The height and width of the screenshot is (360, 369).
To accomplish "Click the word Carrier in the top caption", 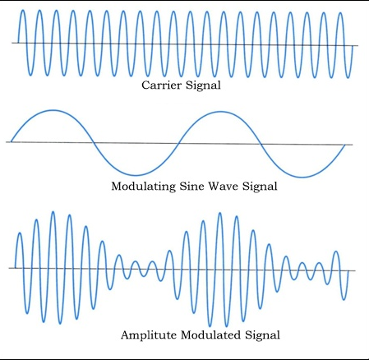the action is pos(162,85).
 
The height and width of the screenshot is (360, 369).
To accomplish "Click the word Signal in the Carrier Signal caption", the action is pos(203,85).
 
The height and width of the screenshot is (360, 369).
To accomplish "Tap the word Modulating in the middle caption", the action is pos(143,187).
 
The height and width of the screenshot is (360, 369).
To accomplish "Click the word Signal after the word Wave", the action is pos(260,187).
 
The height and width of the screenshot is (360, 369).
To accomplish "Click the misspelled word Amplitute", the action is pos(148,335).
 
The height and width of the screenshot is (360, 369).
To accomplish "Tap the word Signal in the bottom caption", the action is pos(262,335).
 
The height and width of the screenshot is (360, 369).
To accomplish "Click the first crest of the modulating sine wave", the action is pos(53,110).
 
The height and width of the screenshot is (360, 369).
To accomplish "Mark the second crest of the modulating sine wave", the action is pos(221,112).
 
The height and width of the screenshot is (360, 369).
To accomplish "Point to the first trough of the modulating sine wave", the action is pos(136,175).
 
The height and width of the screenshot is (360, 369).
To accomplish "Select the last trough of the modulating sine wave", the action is pos(302,177).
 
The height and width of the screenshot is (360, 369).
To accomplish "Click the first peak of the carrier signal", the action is pos(23,11).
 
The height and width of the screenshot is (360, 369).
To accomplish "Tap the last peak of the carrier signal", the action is pos(340,13).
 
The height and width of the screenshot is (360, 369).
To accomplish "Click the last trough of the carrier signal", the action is pos(348,77).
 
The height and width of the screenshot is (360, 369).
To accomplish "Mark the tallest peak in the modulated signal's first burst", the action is pos(53,212).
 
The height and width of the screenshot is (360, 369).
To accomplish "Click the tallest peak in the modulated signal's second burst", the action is pos(219,213).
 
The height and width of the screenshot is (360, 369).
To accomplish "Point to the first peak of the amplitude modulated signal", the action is pos(20,233).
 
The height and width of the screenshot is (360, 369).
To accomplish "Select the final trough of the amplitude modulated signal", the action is pos(344,299).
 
